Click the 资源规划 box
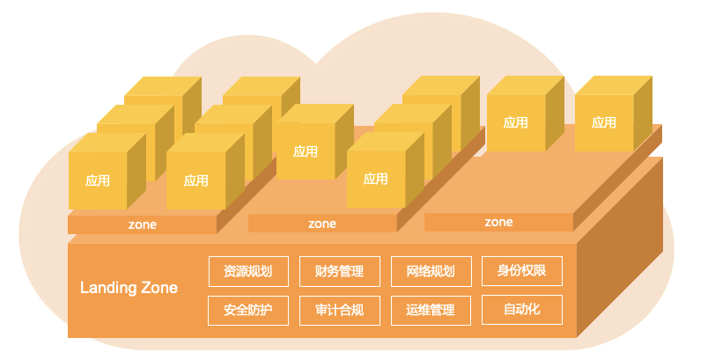[x=248, y=272]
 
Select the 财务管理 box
[x=340, y=272]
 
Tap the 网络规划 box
[x=431, y=272]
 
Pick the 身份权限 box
[x=522, y=271]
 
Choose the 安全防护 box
[x=248, y=311]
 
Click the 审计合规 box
[x=340, y=311]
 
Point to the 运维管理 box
[x=431, y=311]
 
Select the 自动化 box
[x=522, y=310]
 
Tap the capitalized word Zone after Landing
[x=159, y=288]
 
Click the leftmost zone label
[x=143, y=224]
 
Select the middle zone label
[x=322, y=224]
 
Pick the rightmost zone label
[x=498, y=223]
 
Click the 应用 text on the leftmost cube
[x=98, y=181]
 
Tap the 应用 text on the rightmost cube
[x=604, y=122]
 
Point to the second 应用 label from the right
[x=516, y=122]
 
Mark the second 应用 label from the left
[x=196, y=181]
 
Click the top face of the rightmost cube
[x=614, y=85]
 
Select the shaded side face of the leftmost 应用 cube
[x=136, y=171]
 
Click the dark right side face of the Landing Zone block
[x=620, y=246]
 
